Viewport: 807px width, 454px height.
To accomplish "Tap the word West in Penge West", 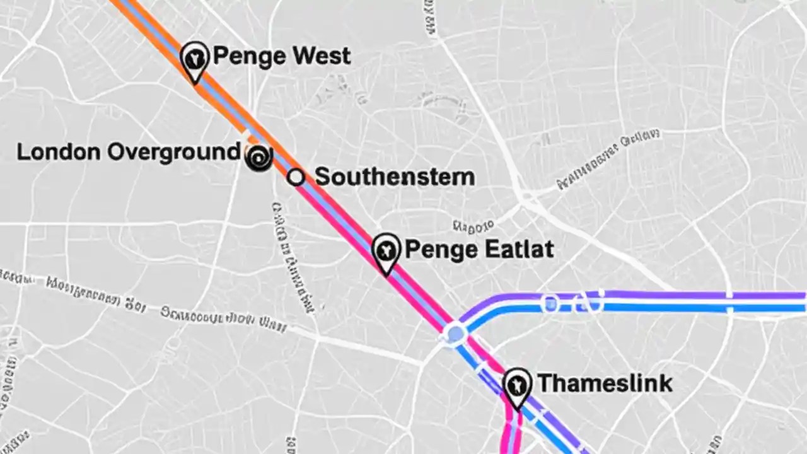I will click(x=321, y=56).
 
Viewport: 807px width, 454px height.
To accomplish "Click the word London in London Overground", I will click(x=57, y=152).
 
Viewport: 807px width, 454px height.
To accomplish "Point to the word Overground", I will click(x=173, y=153).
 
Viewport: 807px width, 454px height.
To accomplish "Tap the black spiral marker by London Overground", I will click(x=258, y=157).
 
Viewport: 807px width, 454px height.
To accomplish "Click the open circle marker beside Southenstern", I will click(x=296, y=177).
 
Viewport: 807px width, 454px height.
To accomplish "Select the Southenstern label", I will click(x=394, y=177).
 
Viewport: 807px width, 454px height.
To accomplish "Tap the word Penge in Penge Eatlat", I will click(x=441, y=250).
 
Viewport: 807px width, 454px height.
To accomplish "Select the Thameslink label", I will click(x=604, y=383).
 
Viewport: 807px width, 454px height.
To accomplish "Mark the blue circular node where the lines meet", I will click(x=455, y=333).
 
